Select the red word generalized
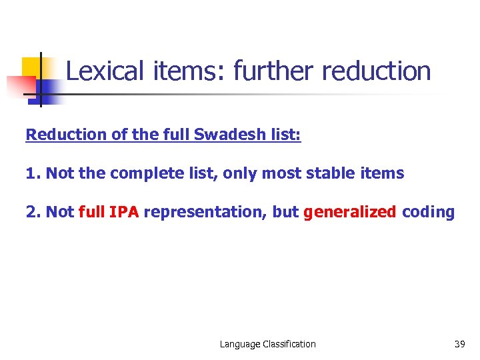(349, 213)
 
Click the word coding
(428, 213)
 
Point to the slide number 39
(459, 344)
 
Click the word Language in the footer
(241, 344)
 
